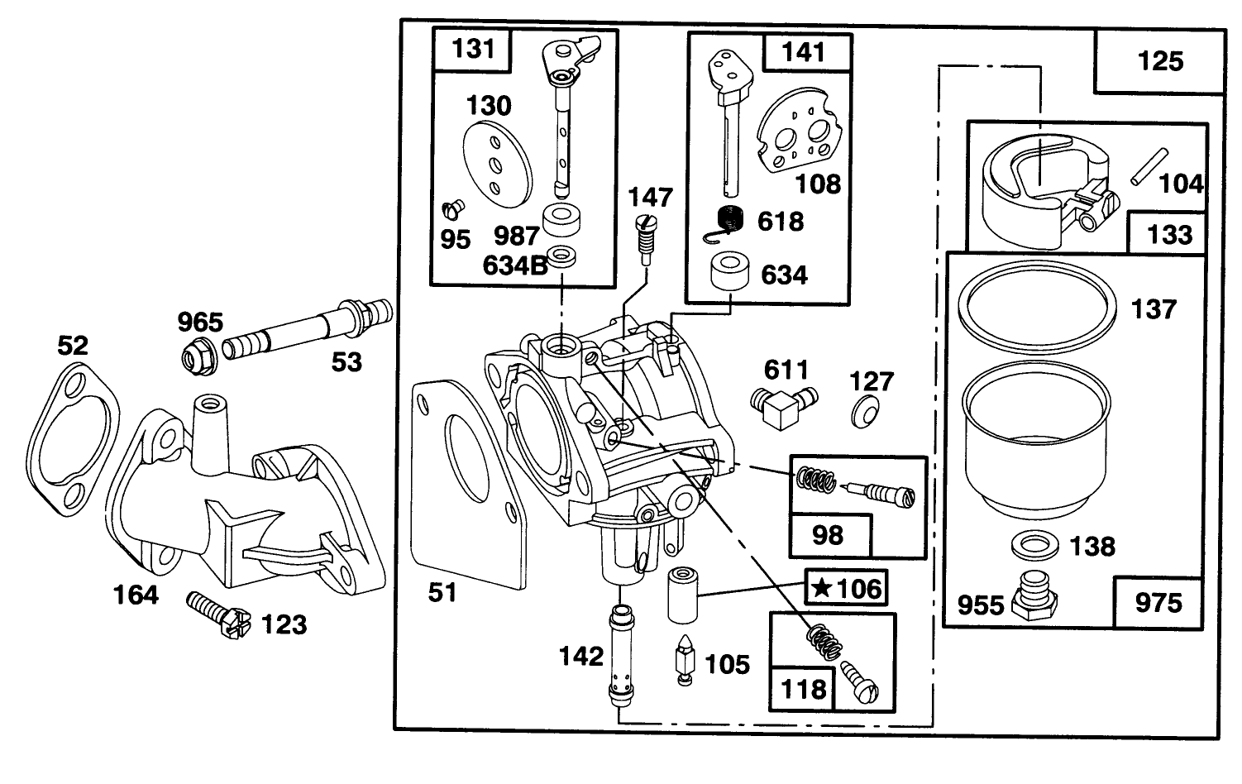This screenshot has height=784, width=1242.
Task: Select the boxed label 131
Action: [474, 49]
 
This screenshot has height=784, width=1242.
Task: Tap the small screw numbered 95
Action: [454, 207]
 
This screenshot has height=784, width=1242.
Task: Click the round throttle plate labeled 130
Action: [497, 162]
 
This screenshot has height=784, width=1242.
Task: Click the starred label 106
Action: [846, 589]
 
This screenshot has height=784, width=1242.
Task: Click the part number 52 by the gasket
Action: [73, 345]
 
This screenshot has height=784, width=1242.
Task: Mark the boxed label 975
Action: [1158, 603]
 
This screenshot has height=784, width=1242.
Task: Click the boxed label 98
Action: [828, 535]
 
